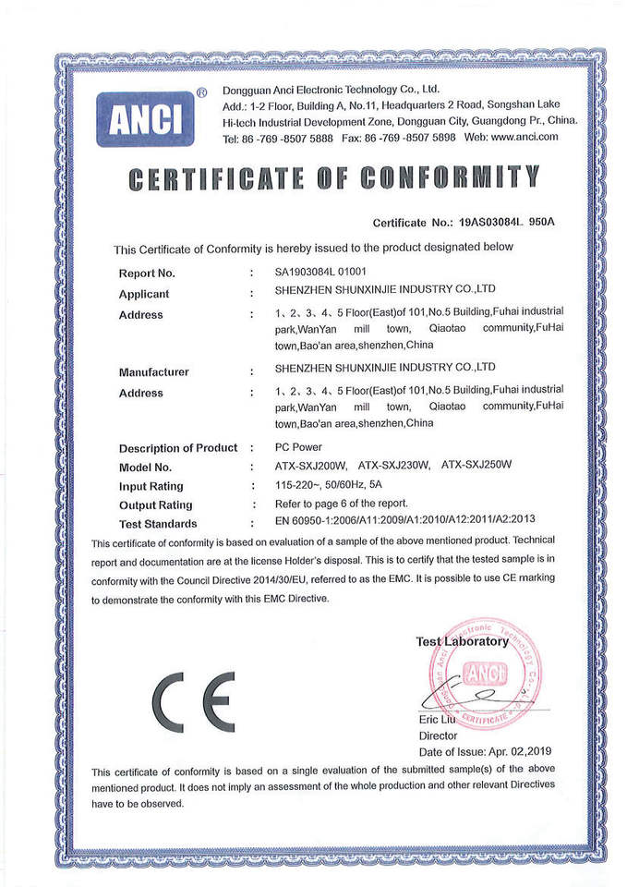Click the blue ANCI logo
[145, 118]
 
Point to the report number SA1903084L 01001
[321, 273]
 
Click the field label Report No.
[147, 273]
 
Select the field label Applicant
[144, 294]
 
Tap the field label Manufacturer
[153, 372]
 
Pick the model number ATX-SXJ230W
[394, 466]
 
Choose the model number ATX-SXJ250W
[476, 466]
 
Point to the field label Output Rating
[156, 505]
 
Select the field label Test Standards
[158, 524]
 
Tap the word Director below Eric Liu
[438, 735]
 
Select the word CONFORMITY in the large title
[448, 177]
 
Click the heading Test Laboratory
[462, 641]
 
